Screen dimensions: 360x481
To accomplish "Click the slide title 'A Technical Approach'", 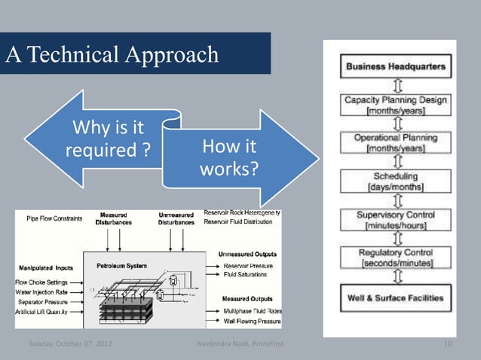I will click(112, 54).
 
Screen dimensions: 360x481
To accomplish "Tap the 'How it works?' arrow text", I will click(229, 157).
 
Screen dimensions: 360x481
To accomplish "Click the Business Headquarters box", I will click(395, 67).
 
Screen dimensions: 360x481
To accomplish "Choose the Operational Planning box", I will click(395, 144).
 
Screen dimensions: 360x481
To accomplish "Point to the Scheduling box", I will click(395, 180).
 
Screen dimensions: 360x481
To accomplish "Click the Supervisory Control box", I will click(395, 220).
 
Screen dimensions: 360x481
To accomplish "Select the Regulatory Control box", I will click(395, 258).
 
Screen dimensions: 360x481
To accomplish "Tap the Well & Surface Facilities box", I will click(395, 297).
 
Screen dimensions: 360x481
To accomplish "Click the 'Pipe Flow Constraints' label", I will click(55, 218).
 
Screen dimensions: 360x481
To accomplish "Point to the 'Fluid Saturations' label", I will click(245, 275).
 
